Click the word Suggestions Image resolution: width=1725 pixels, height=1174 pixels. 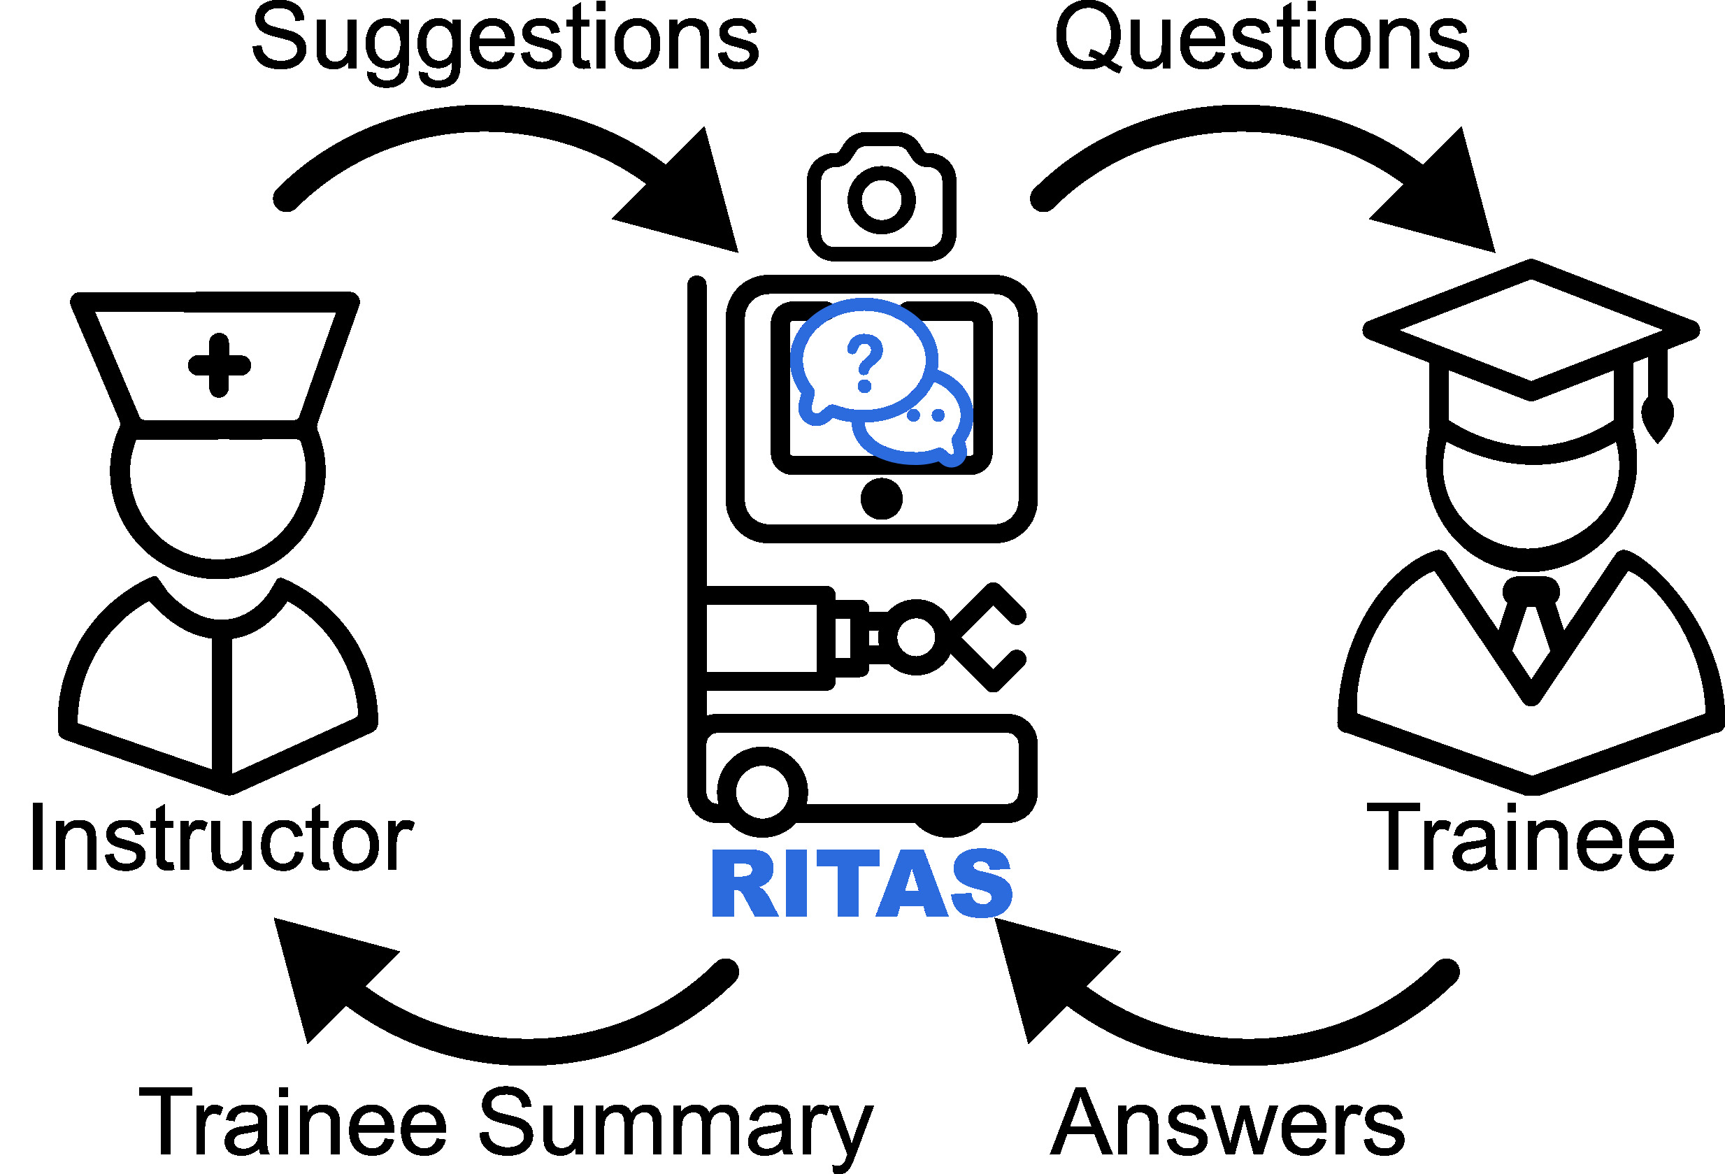tap(505, 41)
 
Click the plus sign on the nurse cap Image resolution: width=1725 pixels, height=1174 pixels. tap(219, 365)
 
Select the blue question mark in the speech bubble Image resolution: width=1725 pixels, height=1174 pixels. tap(864, 362)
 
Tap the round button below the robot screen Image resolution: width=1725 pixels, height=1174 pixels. tap(881, 499)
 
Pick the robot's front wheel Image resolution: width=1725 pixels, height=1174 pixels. tap(762, 791)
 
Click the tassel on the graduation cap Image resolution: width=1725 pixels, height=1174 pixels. tap(1657, 415)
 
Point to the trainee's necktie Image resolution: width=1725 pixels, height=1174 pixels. tap(1531, 624)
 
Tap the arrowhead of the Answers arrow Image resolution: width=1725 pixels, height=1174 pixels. tap(1047, 972)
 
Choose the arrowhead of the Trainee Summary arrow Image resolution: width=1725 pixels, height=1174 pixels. tap(327, 972)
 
